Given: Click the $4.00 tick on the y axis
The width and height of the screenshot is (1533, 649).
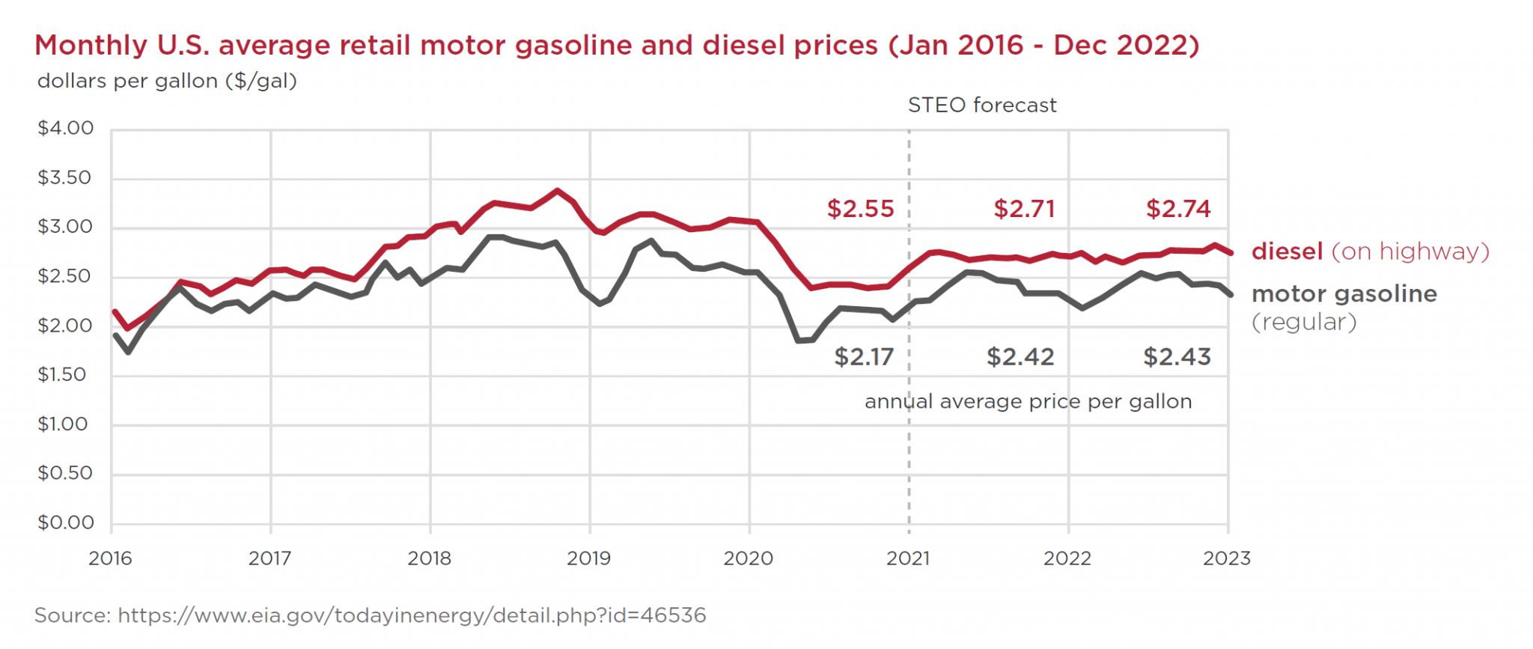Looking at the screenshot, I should (66, 129).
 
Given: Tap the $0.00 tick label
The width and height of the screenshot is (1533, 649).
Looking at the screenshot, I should (66, 522).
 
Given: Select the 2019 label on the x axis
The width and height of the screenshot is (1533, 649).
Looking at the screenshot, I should (589, 558).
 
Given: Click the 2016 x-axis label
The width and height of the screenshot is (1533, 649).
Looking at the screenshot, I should (110, 558).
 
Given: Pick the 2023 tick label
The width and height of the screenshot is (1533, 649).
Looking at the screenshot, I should (1227, 558).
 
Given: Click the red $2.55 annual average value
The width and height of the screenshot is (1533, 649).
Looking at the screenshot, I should (860, 209).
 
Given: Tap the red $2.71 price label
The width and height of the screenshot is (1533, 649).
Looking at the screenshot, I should (1024, 209).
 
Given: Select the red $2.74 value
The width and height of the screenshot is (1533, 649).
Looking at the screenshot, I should (1178, 209).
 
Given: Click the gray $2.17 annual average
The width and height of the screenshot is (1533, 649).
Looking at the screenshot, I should (864, 357).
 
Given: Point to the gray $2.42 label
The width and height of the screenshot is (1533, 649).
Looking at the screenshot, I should (1020, 357).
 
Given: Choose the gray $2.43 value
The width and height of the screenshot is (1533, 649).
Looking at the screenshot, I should (1177, 357).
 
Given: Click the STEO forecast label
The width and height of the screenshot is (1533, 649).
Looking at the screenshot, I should (982, 106).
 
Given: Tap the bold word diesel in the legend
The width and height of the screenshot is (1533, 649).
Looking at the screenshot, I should (1287, 252).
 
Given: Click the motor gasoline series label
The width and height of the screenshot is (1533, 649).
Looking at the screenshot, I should (1344, 294).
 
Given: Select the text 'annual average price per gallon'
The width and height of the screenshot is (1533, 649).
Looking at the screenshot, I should (1028, 402).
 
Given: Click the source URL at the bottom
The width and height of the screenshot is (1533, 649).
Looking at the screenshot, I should (412, 615).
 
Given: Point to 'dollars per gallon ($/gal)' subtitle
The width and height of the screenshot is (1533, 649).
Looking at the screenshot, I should (167, 81).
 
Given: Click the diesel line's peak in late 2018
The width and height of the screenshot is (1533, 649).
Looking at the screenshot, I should (557, 191).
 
